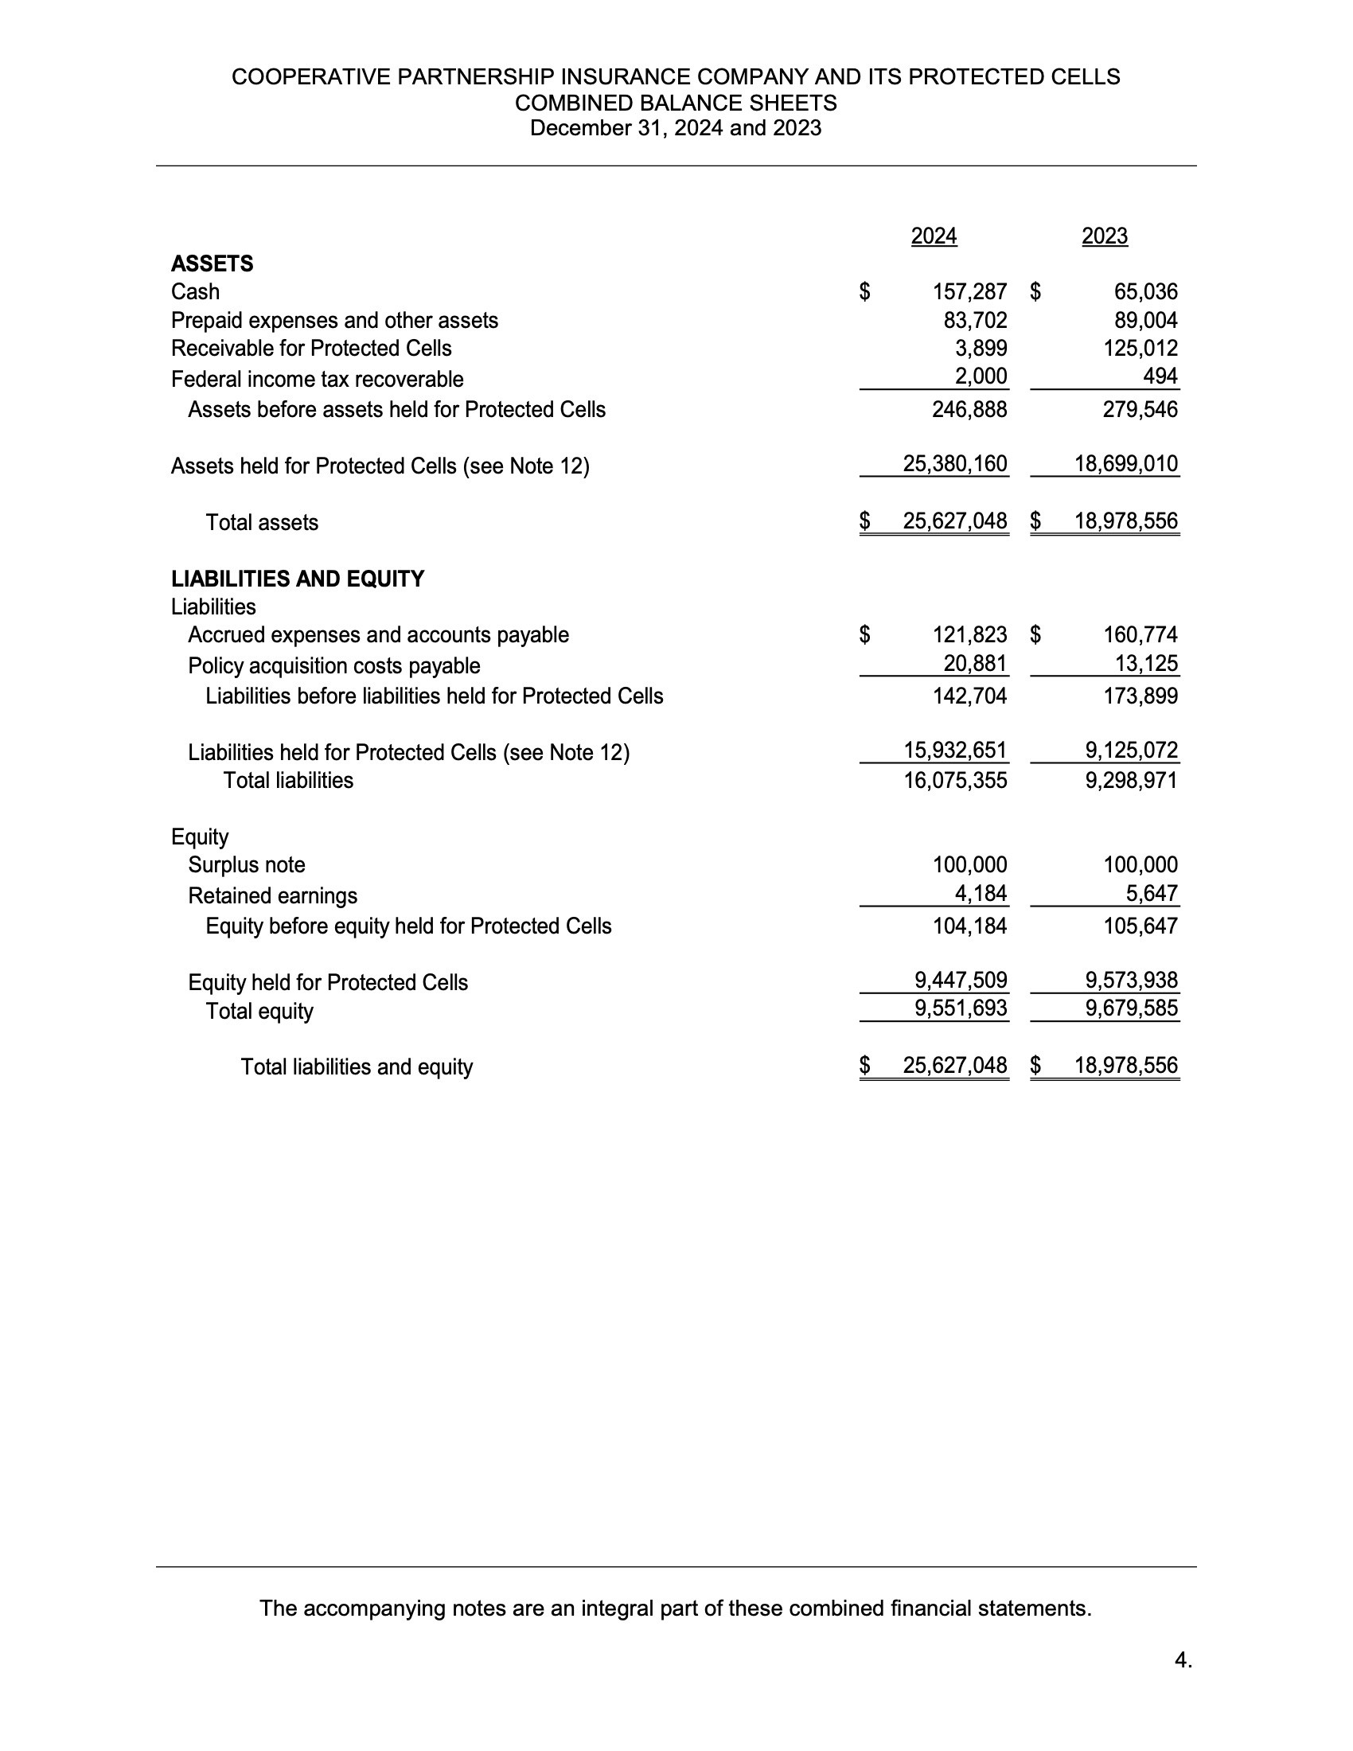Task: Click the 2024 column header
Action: point(934,236)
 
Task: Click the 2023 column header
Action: point(1105,236)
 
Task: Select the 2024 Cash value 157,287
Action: point(970,292)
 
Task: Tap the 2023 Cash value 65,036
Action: point(1145,292)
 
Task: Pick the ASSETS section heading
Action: point(213,263)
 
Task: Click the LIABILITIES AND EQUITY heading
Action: point(298,579)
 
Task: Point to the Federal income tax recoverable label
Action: point(318,379)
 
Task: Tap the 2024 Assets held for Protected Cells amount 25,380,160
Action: point(954,463)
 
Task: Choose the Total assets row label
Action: point(262,523)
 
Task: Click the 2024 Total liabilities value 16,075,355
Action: point(955,780)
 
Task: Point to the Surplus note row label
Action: point(247,865)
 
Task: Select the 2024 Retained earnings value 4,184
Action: point(981,893)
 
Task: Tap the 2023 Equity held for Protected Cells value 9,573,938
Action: point(1132,980)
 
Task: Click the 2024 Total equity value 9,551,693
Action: point(961,1008)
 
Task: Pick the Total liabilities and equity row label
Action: point(357,1067)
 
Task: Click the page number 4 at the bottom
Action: point(1183,1659)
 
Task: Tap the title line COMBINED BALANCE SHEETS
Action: point(676,103)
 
